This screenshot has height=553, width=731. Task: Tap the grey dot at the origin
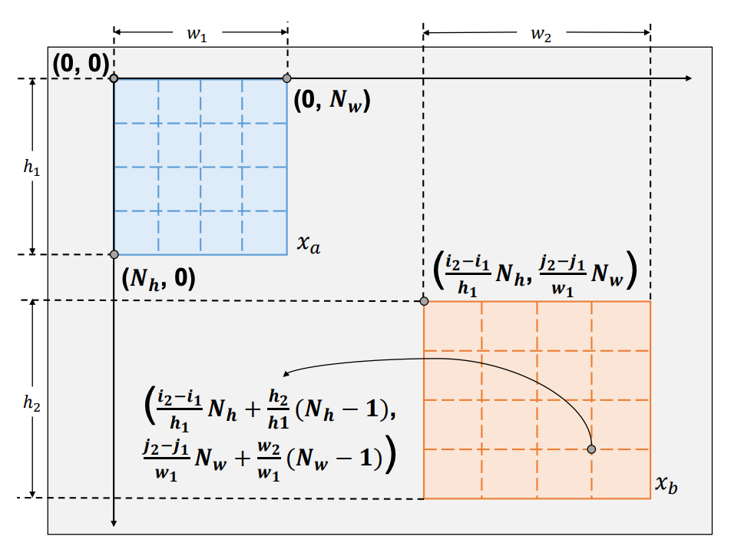pos(114,78)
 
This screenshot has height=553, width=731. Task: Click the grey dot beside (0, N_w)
pos(287,78)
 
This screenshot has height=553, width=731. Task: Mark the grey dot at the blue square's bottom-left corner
pos(114,254)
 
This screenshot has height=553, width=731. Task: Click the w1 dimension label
pos(197,35)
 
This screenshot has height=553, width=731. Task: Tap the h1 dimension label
pos(31,167)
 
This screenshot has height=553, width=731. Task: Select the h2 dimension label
pos(31,402)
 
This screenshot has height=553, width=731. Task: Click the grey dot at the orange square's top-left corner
pos(424,301)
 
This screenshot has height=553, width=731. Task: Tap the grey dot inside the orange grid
pos(591,449)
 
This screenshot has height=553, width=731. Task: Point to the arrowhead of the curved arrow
pos(286,375)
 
